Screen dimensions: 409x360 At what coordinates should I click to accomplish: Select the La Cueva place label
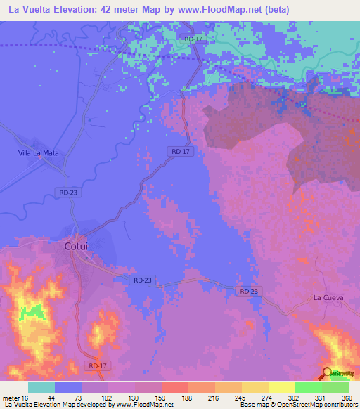tap(328, 298)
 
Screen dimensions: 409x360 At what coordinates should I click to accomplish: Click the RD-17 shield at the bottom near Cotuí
tap(98, 365)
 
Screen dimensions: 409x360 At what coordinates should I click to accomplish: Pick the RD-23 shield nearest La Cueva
tap(248, 291)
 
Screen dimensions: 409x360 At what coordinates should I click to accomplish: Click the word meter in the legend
tap(11, 397)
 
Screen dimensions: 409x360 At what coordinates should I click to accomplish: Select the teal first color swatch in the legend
tap(41, 387)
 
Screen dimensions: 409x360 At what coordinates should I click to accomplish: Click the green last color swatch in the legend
tap(335, 387)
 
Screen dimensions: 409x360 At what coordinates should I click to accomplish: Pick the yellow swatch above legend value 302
tap(282, 387)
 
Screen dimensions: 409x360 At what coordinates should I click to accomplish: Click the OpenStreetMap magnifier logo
tap(328, 375)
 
